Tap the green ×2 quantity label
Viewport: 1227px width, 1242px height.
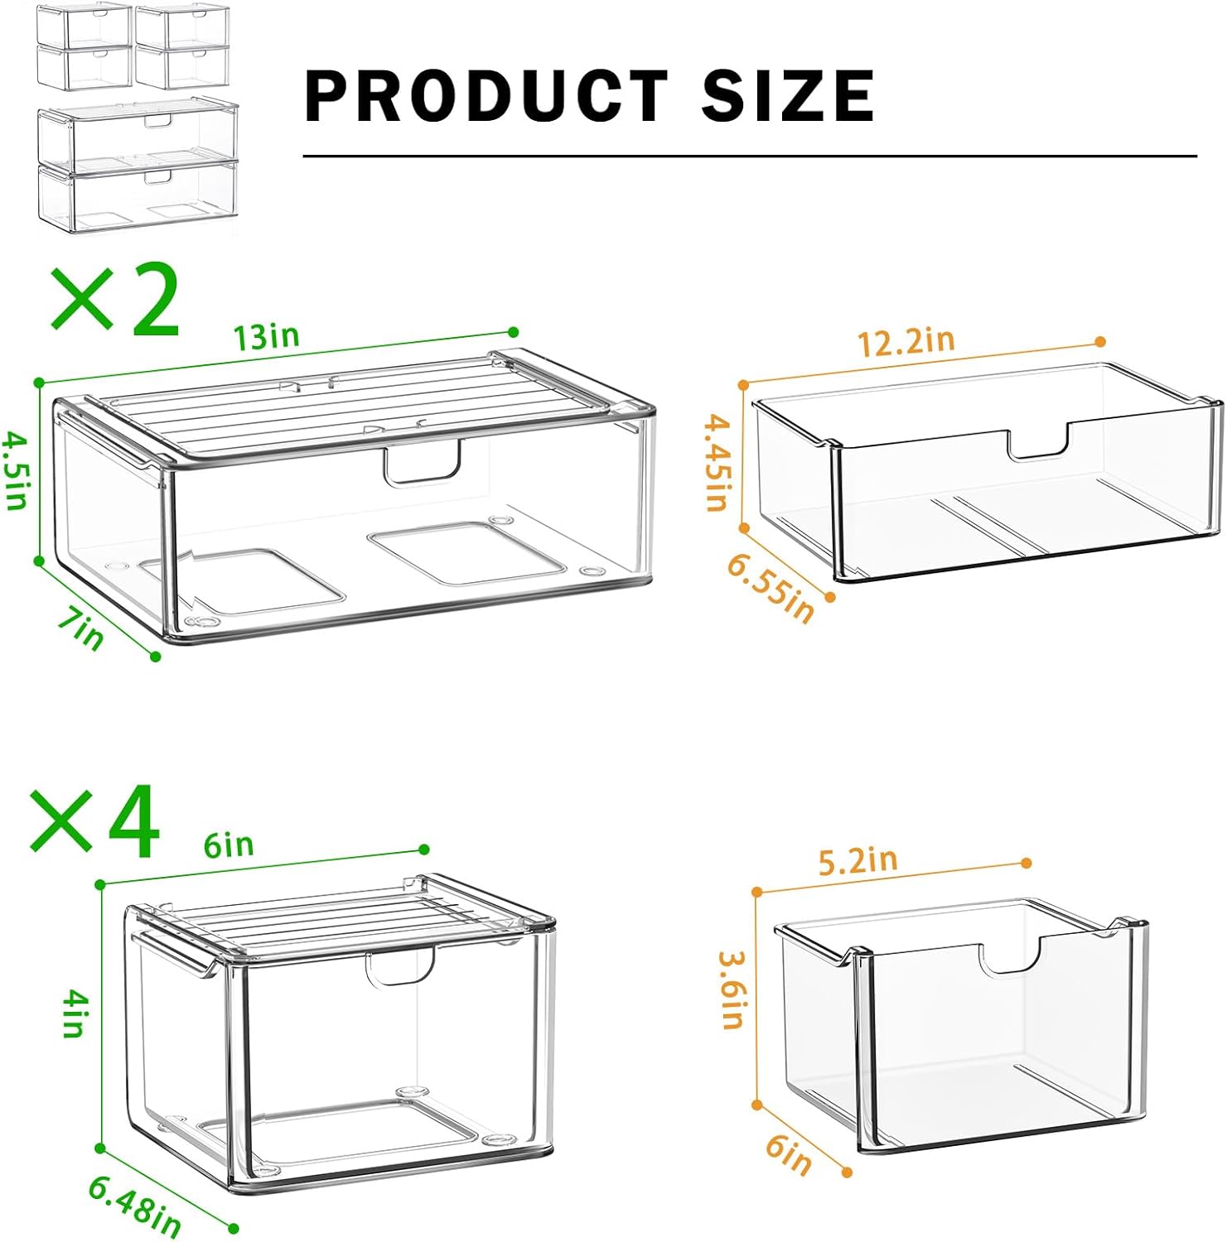coord(116,300)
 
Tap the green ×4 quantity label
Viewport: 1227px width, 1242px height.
coord(94,821)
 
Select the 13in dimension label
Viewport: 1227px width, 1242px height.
coord(266,337)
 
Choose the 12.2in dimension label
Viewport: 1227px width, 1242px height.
coord(906,341)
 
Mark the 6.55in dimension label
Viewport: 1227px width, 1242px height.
coord(771,588)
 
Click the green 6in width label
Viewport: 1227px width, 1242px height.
coord(229,845)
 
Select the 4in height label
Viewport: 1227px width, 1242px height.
coord(75,1015)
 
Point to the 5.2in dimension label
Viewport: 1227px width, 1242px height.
coord(858,860)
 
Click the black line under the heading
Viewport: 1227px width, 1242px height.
coord(749,156)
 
